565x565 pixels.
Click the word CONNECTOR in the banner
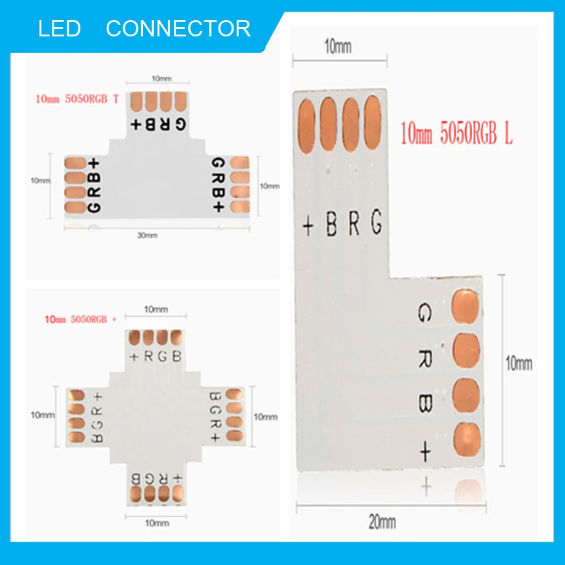point(178,28)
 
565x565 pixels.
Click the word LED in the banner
point(60,28)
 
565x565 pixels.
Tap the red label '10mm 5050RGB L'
point(456,133)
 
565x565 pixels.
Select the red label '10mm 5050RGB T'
point(77,99)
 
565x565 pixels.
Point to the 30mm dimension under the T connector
point(148,235)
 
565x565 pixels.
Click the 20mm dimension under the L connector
point(382,522)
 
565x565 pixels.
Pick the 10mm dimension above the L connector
point(338,46)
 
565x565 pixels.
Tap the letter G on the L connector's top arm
point(376,221)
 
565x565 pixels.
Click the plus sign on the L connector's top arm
point(308,227)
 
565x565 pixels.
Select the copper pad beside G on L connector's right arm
point(466,306)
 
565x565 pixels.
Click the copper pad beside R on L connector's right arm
point(466,350)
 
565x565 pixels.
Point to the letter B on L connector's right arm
point(425,403)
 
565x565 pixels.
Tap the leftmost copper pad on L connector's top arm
point(306,126)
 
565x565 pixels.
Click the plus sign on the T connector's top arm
point(136,125)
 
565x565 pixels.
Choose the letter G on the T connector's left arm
point(94,208)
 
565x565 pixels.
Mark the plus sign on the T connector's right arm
point(218,207)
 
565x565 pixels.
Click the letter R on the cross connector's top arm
point(148,357)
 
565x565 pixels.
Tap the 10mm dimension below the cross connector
point(157,523)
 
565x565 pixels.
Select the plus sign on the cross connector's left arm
point(98,397)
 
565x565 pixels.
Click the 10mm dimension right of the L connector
point(519,363)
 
